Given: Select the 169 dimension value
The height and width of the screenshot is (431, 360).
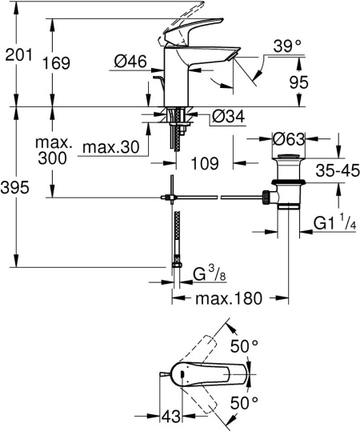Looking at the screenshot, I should click(70, 62).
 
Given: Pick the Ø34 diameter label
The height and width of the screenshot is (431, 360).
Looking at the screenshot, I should click(227, 118).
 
